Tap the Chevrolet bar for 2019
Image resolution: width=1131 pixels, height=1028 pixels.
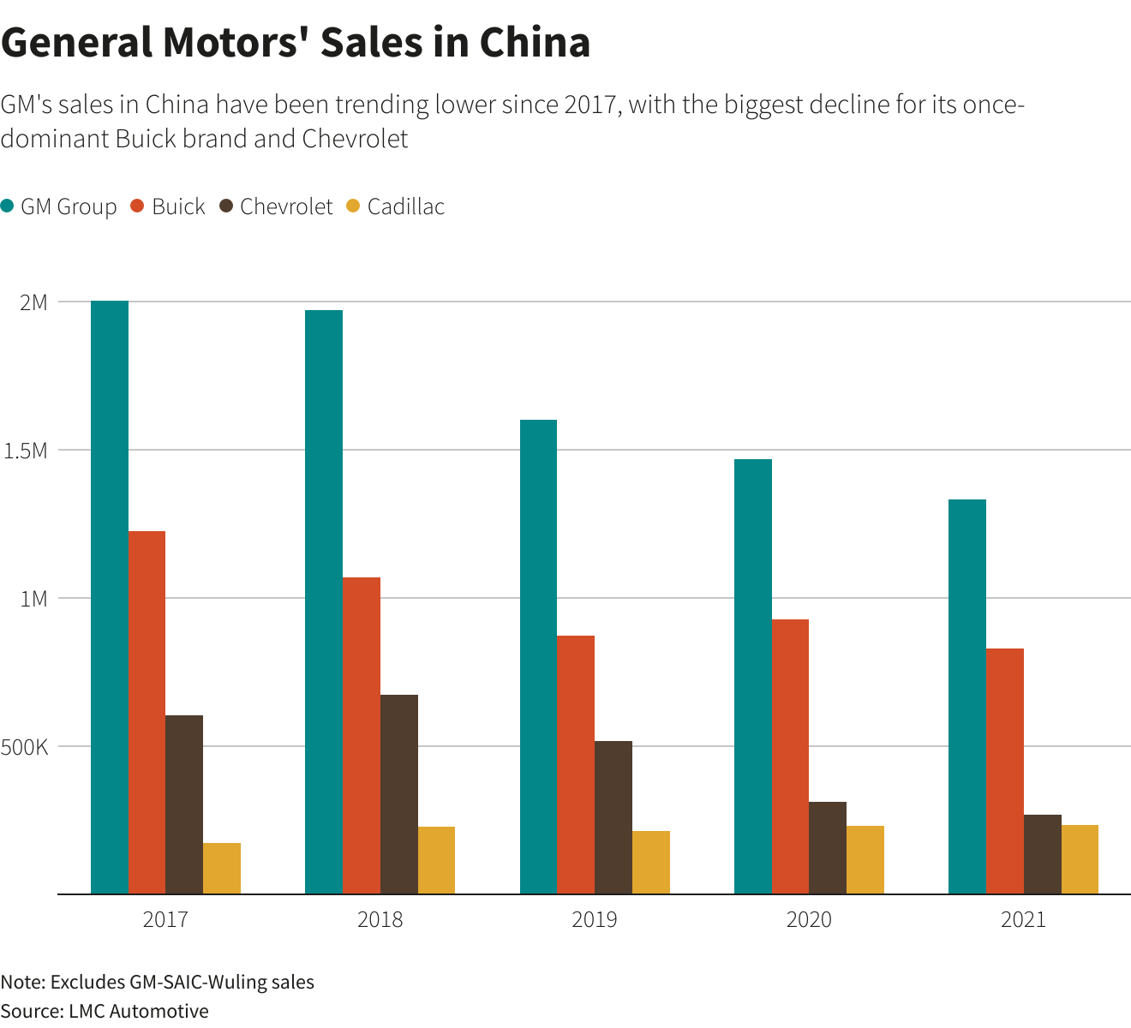click(613, 817)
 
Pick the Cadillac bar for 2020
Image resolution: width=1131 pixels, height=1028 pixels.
click(865, 859)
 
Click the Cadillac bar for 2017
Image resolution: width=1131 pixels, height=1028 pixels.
click(222, 868)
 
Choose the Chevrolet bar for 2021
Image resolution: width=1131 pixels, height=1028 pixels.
click(1043, 854)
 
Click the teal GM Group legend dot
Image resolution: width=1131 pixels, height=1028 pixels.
click(8, 206)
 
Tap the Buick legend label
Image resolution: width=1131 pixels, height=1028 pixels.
click(178, 206)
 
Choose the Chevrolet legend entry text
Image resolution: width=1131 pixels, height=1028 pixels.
click(286, 206)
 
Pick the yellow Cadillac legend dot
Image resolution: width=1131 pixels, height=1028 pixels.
click(353, 206)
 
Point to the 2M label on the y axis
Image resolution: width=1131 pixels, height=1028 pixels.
click(33, 302)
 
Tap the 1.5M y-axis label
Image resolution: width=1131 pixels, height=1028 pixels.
click(26, 451)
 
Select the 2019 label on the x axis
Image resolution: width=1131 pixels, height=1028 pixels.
click(595, 920)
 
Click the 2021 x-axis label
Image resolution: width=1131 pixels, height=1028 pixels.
click(1023, 920)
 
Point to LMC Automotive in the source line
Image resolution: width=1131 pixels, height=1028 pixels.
click(138, 1011)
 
